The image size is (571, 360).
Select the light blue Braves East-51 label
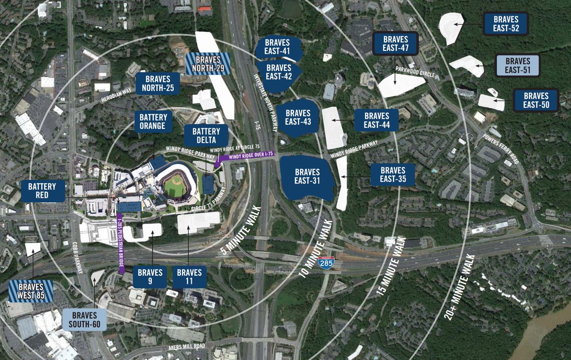click(517, 66)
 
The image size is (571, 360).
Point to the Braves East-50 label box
click(536, 100)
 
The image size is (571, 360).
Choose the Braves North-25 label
click(158, 84)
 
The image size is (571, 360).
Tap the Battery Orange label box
click(153, 121)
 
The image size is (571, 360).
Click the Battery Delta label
click(207, 136)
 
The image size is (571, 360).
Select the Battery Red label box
click(42, 191)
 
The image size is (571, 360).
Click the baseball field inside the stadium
click(173, 185)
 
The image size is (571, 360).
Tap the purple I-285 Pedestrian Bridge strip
click(121, 243)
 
